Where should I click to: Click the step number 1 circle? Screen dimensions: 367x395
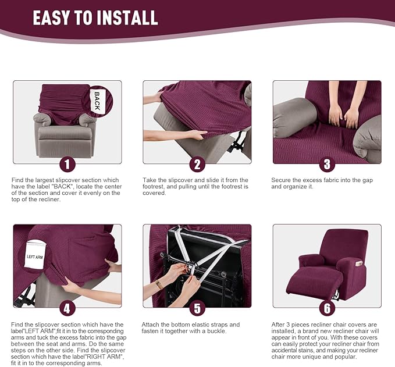tap(67, 165)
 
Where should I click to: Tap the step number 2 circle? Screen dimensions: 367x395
tap(197, 165)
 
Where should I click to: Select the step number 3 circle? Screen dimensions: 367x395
tap(326, 165)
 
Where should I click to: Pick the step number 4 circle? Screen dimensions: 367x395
tap(67, 308)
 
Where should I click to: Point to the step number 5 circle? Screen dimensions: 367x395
tap(197, 308)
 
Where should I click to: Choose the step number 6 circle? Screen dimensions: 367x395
tap(326, 308)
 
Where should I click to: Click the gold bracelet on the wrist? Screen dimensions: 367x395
tap(159, 284)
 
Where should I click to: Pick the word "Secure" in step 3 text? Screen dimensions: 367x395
tap(281, 180)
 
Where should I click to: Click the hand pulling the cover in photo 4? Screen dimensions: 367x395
tap(112, 266)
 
